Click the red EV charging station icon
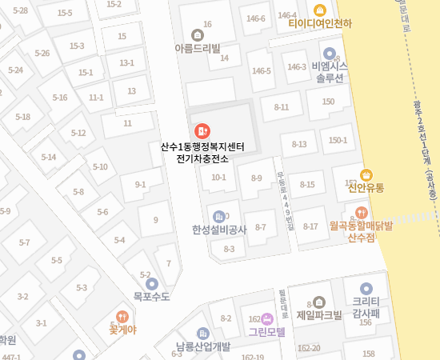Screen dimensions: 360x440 [201, 130]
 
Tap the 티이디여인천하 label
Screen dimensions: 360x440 [320, 24]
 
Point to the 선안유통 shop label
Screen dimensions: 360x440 [366, 188]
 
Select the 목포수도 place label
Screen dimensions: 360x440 [151, 296]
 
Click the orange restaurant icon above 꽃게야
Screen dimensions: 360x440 [122, 316]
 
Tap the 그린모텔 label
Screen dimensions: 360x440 [266, 331]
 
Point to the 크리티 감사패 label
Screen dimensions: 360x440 [366, 308]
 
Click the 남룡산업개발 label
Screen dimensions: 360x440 [203, 346]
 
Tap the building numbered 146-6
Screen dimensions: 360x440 [256, 18]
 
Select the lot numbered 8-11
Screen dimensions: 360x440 [282, 106]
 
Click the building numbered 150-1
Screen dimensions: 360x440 [338, 140]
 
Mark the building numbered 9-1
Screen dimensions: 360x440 [141, 185]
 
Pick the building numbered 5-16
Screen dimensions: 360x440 [60, 98]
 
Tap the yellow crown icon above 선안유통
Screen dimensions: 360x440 [366, 174]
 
